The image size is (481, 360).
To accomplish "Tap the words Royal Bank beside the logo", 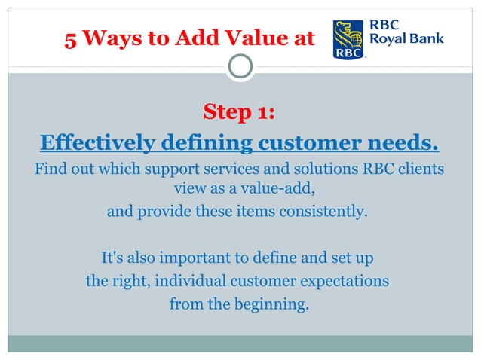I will tap(406, 39).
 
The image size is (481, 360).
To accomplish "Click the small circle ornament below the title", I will tap(240, 68).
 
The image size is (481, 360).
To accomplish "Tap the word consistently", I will tap(328, 212).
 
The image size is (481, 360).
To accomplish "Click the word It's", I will tap(114, 258).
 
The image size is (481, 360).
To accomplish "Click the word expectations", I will tap(344, 282).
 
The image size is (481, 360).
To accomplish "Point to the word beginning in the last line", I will tap(261, 305).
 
